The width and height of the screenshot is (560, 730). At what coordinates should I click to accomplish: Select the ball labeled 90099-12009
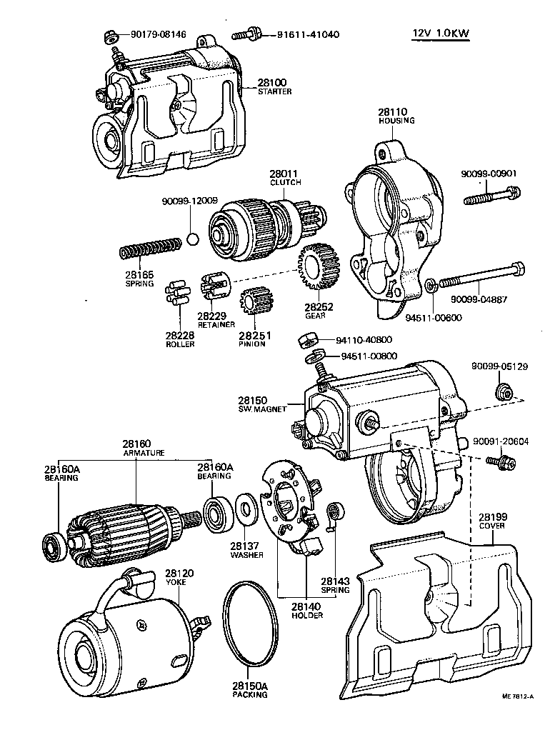coord(191,238)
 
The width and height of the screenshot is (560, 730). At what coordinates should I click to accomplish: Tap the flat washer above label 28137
coord(245,509)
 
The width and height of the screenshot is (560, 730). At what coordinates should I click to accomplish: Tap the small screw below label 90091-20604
coord(495,462)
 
